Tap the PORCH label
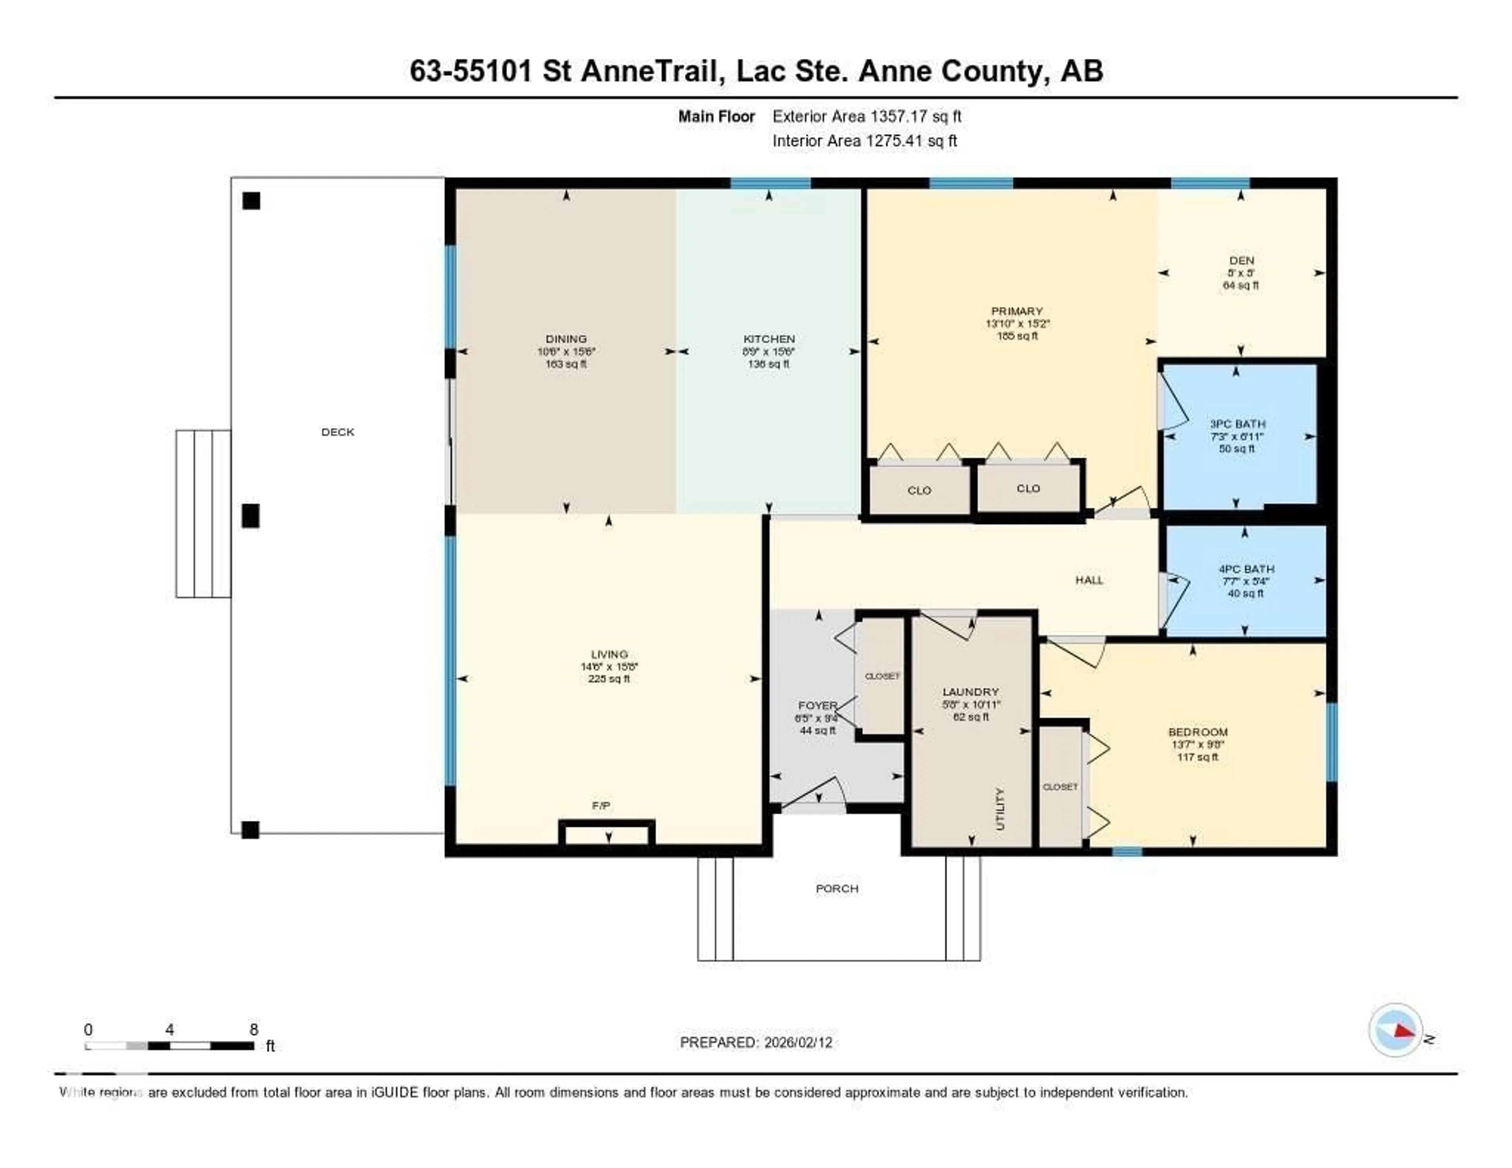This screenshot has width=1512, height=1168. [x=837, y=888]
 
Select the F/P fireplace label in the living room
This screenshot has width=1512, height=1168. [x=601, y=806]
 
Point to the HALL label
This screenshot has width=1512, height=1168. [x=1089, y=580]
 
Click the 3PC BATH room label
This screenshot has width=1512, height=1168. [x=1237, y=424]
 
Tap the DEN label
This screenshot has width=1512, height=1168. [x=1241, y=260]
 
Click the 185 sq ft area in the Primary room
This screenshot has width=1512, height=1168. [x=1017, y=336]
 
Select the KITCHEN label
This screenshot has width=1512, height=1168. [x=769, y=339]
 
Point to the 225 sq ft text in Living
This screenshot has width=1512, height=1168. [x=609, y=679]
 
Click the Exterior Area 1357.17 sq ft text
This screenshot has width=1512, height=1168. [x=867, y=116]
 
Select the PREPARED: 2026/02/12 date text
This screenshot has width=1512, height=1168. [x=756, y=1043]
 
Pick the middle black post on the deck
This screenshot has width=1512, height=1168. [x=250, y=516]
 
